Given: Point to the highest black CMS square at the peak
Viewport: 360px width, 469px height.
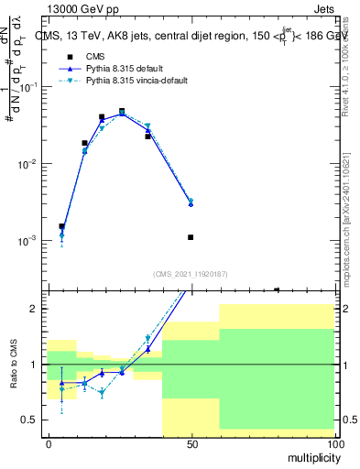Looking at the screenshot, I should click(122, 112).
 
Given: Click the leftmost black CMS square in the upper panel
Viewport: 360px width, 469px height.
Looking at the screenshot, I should click(61, 226).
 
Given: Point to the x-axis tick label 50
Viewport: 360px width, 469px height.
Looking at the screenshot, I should click(191, 444).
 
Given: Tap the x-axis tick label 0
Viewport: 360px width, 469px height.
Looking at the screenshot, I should click(49, 444).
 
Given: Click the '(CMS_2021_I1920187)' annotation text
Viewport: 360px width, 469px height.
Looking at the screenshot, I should click(191, 274).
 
